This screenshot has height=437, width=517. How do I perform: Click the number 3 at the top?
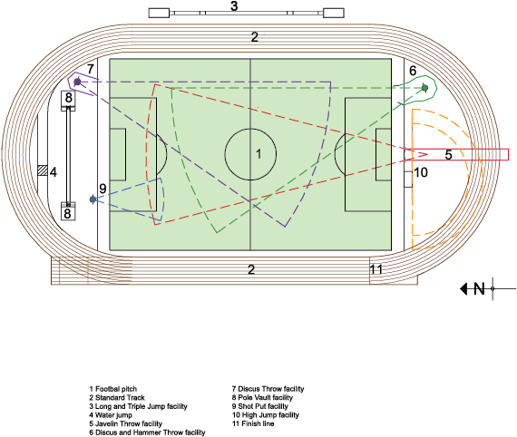(x=234, y=7)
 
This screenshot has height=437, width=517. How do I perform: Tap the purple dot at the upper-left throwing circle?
(x=77, y=82)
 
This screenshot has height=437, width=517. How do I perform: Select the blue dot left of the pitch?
(x=93, y=199)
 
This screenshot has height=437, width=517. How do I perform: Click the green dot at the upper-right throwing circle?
(x=424, y=88)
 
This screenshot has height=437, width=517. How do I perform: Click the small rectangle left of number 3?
(x=159, y=12)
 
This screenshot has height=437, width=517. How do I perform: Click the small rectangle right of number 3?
(x=333, y=12)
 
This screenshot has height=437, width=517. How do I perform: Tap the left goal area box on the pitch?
(x=118, y=154)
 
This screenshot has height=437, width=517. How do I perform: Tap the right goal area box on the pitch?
(x=383, y=154)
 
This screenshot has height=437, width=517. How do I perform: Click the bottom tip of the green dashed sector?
(x=216, y=232)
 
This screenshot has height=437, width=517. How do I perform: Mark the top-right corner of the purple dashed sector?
(x=330, y=82)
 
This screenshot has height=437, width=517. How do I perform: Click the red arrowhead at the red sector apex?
(x=422, y=155)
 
